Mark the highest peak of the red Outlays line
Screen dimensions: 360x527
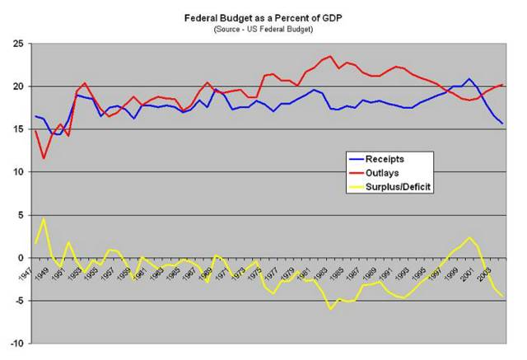(330, 56)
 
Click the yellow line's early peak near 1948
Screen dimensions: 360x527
(44, 219)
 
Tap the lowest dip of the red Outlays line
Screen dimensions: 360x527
(44, 158)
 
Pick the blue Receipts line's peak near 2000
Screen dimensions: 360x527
(469, 79)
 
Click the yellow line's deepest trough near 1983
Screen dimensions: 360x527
(330, 309)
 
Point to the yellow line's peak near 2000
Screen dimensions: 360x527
(469, 237)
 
